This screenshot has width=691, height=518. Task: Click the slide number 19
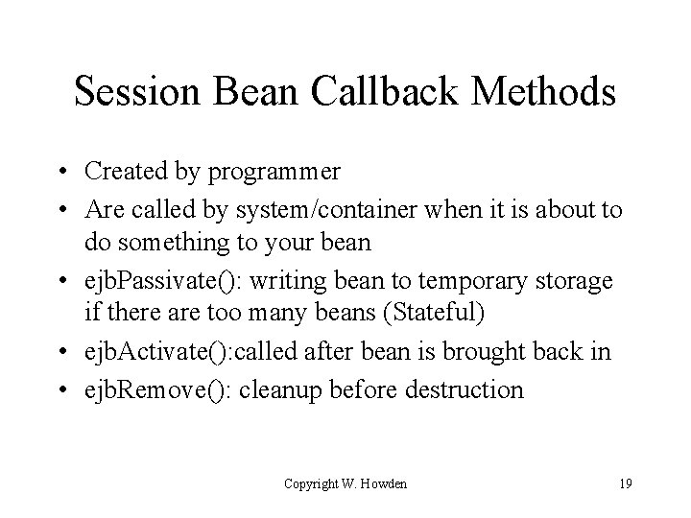[625, 483]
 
